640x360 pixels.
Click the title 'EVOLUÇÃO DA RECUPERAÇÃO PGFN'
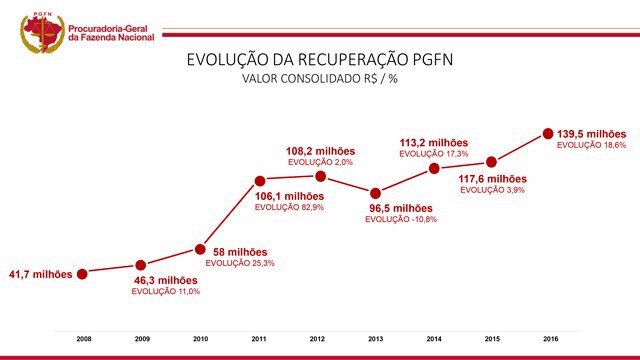(x=320, y=59)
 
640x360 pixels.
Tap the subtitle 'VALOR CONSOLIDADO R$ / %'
(x=320, y=79)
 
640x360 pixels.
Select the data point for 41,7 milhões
(x=84, y=273)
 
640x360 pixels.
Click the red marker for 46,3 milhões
(x=141, y=265)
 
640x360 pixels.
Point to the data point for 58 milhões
(x=200, y=249)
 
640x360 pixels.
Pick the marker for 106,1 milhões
(x=258, y=182)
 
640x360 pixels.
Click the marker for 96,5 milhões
(x=376, y=193)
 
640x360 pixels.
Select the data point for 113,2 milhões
(x=434, y=168)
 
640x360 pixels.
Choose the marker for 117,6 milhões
(x=491, y=162)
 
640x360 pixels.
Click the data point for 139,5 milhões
(x=548, y=133)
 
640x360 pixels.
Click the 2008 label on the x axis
(x=84, y=340)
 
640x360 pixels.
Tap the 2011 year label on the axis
(x=258, y=340)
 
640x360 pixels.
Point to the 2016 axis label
(x=548, y=340)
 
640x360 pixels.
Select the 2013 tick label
(x=375, y=340)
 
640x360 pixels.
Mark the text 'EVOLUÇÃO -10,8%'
(x=402, y=219)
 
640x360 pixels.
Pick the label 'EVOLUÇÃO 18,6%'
(x=591, y=145)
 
